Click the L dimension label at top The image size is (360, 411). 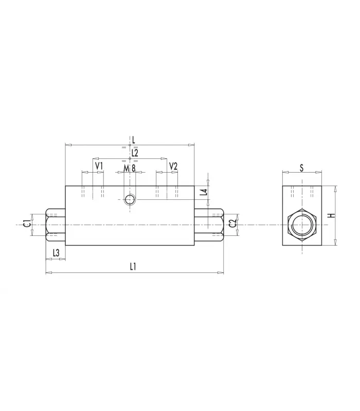coord(134,140)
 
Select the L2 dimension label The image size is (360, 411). coord(135,153)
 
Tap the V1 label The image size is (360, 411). coord(99,166)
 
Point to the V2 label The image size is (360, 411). coord(173,166)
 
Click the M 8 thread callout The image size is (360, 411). coord(130,169)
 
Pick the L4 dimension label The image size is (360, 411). coord(204,192)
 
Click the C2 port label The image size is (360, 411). coord(233,224)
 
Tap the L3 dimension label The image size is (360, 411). coord(56,253)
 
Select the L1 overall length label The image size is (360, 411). coord(133,267)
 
